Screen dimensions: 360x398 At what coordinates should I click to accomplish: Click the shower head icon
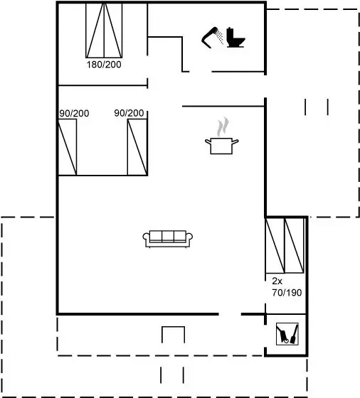(210, 38)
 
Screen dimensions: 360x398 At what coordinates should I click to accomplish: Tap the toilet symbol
(235, 38)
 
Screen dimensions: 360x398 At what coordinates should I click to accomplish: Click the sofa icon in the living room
(168, 239)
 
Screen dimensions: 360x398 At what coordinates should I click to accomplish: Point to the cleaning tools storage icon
(287, 334)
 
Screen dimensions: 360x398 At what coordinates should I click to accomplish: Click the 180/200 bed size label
(104, 65)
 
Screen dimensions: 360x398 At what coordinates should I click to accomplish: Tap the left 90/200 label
(74, 113)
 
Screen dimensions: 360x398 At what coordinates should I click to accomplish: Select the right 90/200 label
(129, 113)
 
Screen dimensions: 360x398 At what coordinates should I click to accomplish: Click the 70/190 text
(287, 293)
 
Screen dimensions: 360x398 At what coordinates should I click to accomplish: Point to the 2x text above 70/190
(277, 281)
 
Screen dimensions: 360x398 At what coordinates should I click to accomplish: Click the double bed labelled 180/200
(104, 31)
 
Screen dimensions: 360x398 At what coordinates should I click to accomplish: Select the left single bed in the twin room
(68, 147)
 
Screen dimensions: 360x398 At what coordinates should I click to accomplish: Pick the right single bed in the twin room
(137, 147)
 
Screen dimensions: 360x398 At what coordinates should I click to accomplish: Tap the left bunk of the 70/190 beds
(275, 245)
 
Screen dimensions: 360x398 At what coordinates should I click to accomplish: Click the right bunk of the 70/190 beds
(295, 245)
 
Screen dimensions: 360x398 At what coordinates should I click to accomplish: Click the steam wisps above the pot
(223, 127)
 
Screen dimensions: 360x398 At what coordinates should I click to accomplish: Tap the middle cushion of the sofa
(168, 236)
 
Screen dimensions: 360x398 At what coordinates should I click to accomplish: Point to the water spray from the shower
(220, 38)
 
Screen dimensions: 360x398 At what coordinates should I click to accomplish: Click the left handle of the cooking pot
(208, 141)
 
